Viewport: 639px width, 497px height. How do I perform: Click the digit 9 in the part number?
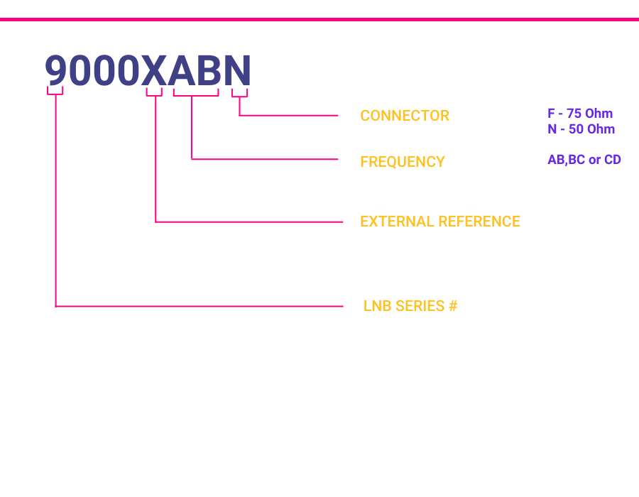click(x=56, y=70)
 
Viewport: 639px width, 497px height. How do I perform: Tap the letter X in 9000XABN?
click(x=153, y=70)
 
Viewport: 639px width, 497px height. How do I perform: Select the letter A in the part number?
click(x=182, y=70)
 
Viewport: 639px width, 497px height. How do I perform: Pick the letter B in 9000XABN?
click(x=209, y=70)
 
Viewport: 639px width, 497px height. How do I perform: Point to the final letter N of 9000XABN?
click(x=237, y=70)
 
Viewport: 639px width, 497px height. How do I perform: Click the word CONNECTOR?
click(x=405, y=116)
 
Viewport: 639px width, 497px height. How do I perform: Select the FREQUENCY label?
click(x=403, y=162)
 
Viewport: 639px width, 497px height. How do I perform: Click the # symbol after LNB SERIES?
click(x=453, y=306)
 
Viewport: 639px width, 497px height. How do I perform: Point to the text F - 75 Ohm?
click(x=580, y=114)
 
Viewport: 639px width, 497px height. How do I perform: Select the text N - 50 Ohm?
click(x=581, y=129)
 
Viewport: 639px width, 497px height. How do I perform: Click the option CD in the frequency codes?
click(x=613, y=159)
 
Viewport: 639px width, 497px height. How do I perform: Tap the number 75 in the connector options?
click(x=574, y=114)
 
